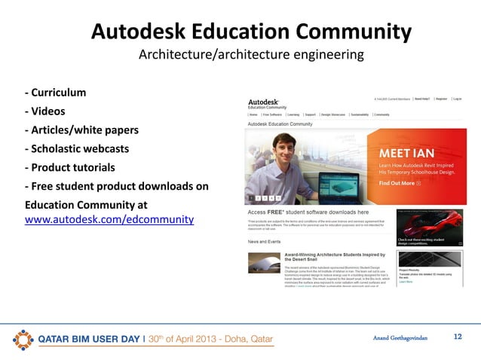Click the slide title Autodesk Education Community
tap(251, 32)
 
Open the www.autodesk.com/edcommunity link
tap(109, 220)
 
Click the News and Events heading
tap(265, 243)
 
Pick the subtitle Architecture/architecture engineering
tap(251, 56)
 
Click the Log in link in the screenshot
tap(458, 99)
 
